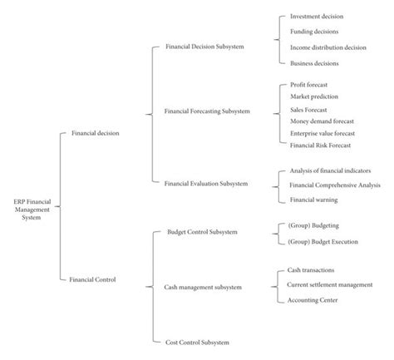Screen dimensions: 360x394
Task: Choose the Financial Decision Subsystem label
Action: [x=204, y=47]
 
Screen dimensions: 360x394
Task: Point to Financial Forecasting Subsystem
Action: [x=207, y=110]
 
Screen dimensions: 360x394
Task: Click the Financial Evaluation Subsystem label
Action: [x=205, y=182]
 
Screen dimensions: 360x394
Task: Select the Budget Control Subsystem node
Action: [x=202, y=233]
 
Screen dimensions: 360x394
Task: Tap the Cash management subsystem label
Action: [x=204, y=287]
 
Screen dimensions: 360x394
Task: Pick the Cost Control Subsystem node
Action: [x=198, y=341]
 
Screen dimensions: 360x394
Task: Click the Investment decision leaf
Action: [x=316, y=16]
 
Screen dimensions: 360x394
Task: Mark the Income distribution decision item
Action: [x=328, y=47]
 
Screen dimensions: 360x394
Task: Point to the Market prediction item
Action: [x=314, y=97]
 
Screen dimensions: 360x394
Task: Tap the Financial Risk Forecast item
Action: [x=320, y=145]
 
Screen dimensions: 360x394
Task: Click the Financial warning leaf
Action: [x=313, y=200]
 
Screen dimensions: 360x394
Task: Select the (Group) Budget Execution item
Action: [x=322, y=240]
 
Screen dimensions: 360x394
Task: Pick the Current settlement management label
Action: [x=330, y=284]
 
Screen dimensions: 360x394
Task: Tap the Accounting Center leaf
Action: [x=312, y=299]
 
